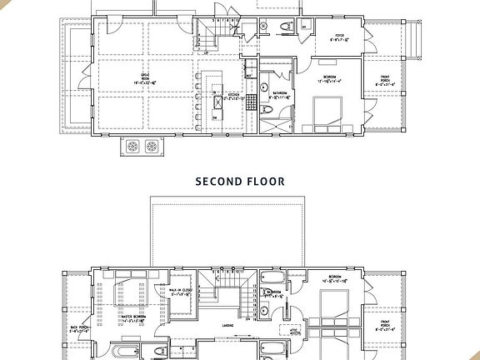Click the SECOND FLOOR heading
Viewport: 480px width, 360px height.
[x=240, y=181]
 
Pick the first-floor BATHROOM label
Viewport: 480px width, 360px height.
[x=280, y=93]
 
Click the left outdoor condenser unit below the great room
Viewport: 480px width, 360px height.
[x=132, y=147]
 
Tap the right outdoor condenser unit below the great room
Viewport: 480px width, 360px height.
[x=152, y=147]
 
